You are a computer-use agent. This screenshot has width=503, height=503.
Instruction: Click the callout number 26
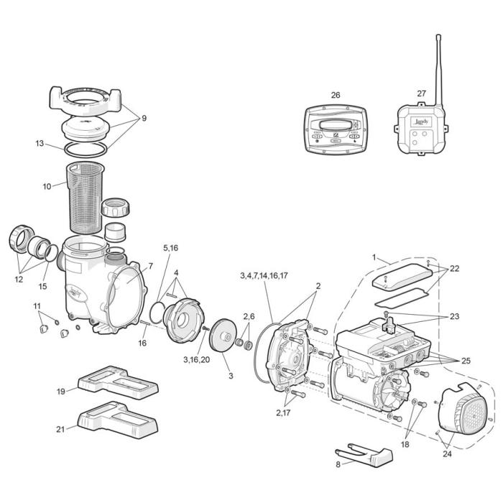pos(336,95)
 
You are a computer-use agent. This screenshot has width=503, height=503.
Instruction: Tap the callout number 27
pos(422,93)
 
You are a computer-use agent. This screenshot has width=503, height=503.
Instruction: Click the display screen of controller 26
pos(336,126)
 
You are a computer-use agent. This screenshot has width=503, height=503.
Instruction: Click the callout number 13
pos(40,143)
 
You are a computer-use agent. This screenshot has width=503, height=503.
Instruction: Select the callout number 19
pos(61,391)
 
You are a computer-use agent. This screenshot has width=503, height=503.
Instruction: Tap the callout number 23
pos(454,316)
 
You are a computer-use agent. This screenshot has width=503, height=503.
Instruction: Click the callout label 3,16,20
pos(196,359)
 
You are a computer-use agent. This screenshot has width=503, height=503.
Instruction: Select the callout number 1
pos(374,257)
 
